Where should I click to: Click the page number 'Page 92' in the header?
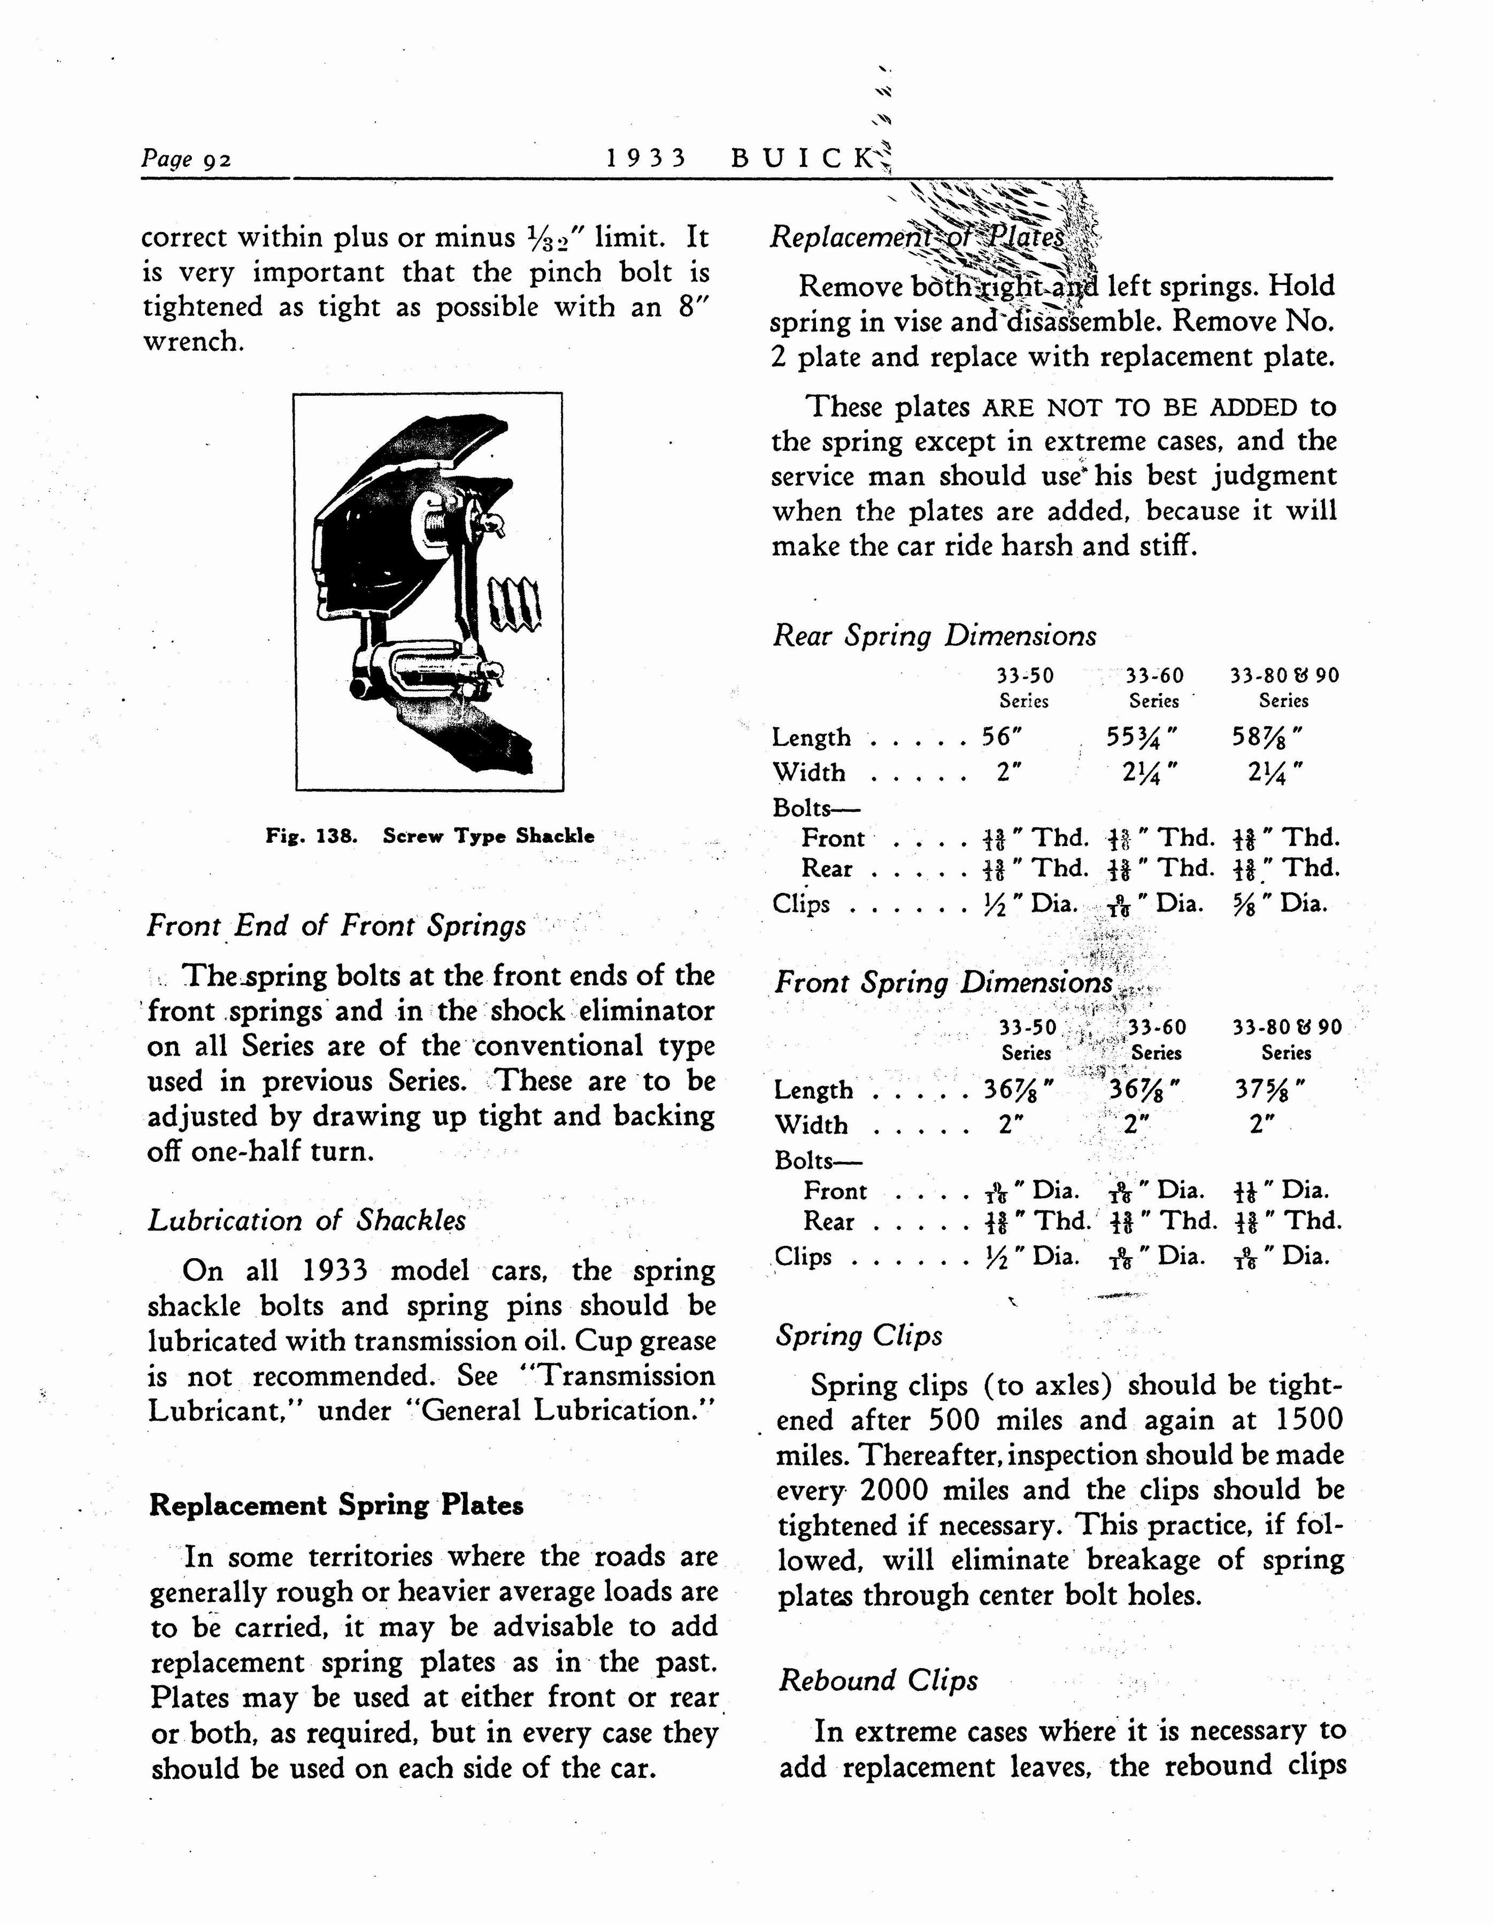(x=186, y=159)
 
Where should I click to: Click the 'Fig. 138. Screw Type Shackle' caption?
(x=430, y=836)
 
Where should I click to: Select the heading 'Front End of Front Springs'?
(x=337, y=926)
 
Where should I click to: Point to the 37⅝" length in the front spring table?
(x=1269, y=1089)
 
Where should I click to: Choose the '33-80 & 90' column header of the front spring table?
(x=1287, y=1027)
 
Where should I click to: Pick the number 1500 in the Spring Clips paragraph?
(x=1309, y=1420)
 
